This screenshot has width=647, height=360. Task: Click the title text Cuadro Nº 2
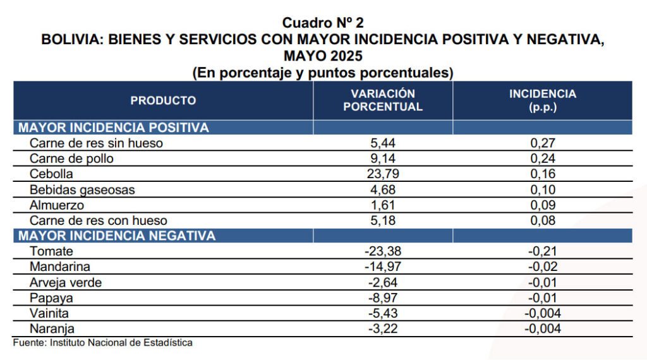click(323, 23)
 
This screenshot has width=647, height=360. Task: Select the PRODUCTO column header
click(163, 100)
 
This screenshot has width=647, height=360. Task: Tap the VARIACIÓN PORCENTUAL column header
click(383, 100)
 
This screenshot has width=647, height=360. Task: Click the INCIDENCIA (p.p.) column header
click(543, 100)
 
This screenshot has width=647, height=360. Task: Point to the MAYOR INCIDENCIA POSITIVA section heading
click(114, 128)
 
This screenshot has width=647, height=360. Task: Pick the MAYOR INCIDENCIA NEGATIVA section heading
click(117, 236)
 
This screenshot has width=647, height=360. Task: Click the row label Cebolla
click(51, 174)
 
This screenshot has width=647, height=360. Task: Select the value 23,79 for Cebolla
click(383, 174)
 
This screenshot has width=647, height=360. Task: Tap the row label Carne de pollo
click(71, 159)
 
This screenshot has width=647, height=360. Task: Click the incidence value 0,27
click(543, 143)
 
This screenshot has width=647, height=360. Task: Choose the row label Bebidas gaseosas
click(82, 189)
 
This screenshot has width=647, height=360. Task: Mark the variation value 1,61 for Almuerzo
click(383, 205)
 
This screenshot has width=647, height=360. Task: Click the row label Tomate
click(51, 251)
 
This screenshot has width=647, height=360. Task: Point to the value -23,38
click(383, 251)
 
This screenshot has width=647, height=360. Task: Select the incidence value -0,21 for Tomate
click(543, 251)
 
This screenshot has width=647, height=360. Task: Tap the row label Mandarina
click(59, 267)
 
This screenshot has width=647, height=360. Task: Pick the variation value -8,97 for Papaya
click(383, 297)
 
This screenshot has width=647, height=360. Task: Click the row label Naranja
click(52, 328)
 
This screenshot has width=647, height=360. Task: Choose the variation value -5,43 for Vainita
click(383, 313)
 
